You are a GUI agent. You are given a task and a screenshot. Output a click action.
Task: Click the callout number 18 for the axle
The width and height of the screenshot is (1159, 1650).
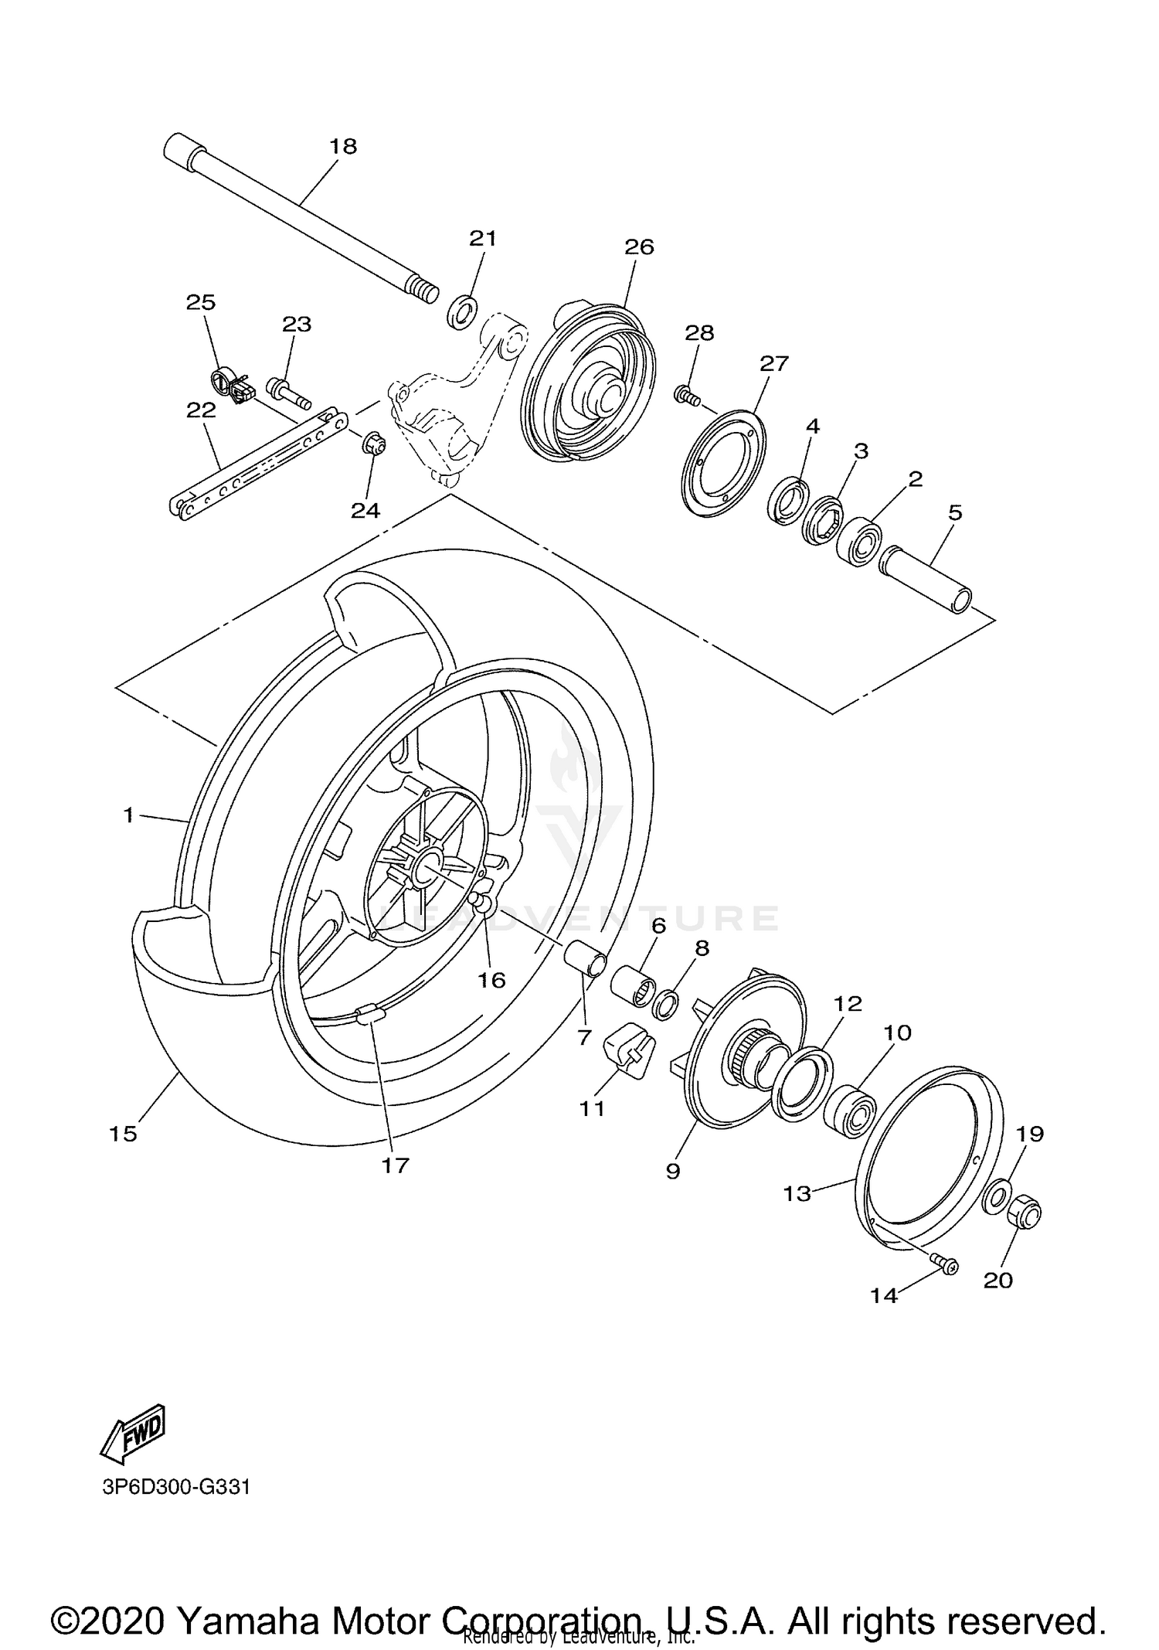click(343, 146)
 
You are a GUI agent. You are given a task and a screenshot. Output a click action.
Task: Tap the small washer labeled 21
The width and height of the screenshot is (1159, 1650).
click(462, 310)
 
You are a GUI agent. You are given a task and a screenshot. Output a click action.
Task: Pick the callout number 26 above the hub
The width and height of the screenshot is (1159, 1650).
click(639, 247)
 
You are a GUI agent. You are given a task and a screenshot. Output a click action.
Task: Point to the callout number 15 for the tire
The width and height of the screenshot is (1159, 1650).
click(123, 1134)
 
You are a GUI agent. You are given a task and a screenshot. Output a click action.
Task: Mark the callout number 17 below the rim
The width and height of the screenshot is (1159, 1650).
click(395, 1165)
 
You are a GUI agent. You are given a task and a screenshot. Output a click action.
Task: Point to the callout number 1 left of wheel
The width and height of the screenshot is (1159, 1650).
click(128, 814)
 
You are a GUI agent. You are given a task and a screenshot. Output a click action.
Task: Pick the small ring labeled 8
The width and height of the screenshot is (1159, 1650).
click(666, 1006)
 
